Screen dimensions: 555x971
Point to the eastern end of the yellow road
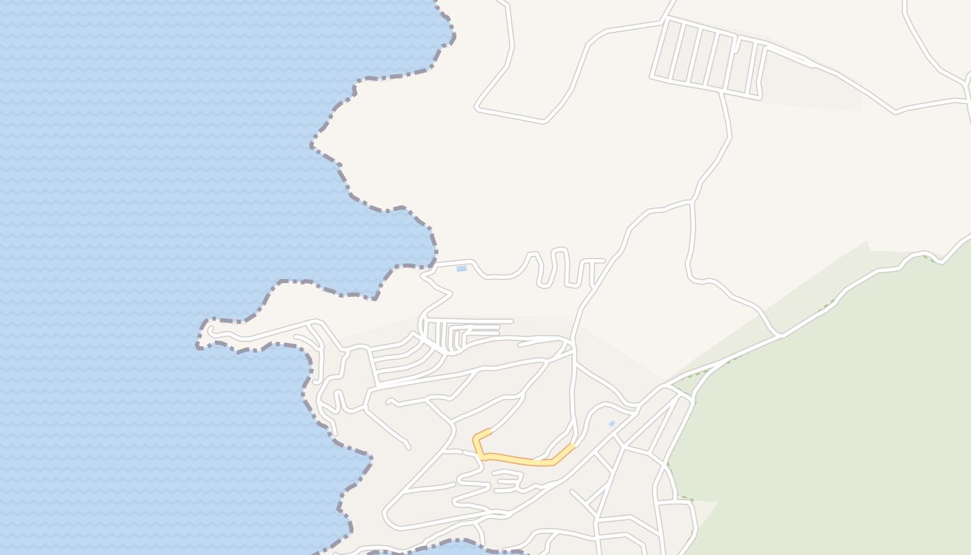(573, 445)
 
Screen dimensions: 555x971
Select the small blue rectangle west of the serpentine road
(461, 268)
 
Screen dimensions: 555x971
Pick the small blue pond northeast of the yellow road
(612, 423)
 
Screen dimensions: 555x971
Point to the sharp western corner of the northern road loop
(477, 108)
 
